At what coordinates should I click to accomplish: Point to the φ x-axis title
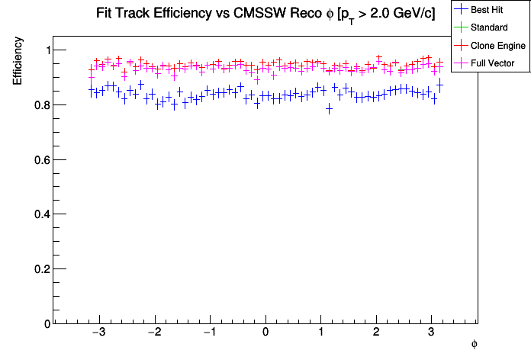(x=474, y=344)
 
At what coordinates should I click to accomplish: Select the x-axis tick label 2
(x=376, y=334)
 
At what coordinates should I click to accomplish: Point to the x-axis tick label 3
(x=432, y=334)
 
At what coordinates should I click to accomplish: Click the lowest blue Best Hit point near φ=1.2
(x=329, y=108)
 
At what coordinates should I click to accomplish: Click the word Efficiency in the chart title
(x=183, y=14)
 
